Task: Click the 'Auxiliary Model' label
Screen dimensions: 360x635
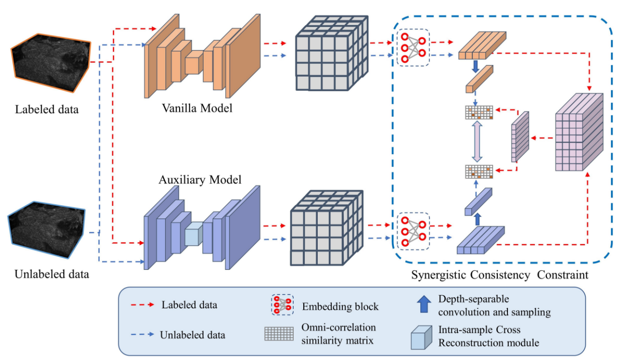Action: pyautogui.click(x=200, y=179)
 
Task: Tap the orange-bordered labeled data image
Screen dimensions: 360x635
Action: pyautogui.click(x=51, y=64)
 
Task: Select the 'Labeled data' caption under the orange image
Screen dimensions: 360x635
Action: pyautogui.click(x=47, y=109)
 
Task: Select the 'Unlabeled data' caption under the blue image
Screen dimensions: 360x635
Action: pyautogui.click(x=52, y=274)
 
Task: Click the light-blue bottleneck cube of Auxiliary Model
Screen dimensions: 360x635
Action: pyautogui.click(x=193, y=234)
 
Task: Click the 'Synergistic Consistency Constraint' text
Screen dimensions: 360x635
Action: pyautogui.click(x=499, y=275)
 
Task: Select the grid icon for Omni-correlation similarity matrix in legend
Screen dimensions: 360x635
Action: pyautogui.click(x=279, y=333)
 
